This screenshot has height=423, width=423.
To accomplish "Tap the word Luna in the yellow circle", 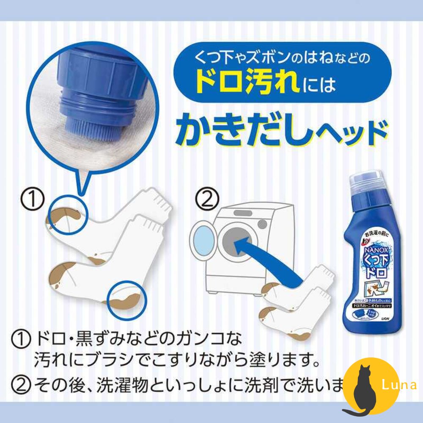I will pyautogui.click(x=395, y=385).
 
